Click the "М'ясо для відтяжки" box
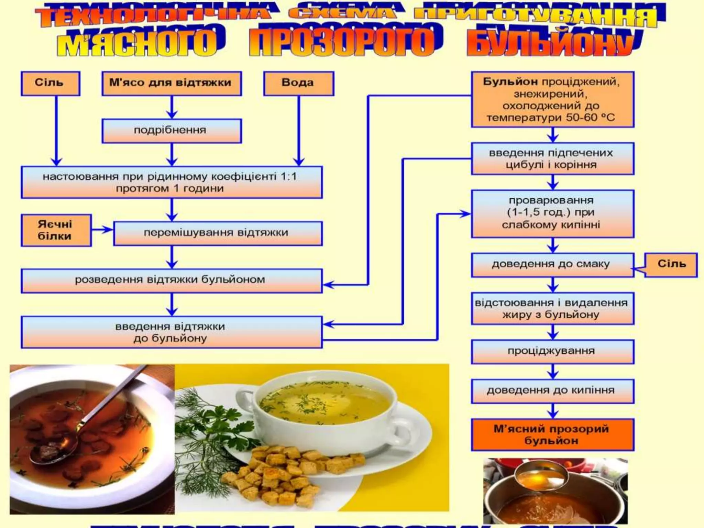point(171,83)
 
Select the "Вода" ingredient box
point(298,83)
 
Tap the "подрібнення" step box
point(171,131)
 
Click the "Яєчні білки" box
point(56,230)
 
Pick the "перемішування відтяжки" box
point(217,233)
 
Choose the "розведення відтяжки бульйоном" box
point(171,280)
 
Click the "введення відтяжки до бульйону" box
point(171,332)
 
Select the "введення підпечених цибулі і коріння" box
point(552,159)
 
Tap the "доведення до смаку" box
point(552,265)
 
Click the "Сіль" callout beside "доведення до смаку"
point(671,264)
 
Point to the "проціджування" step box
point(552,351)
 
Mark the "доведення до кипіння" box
point(552,391)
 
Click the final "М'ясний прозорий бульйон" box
point(552,435)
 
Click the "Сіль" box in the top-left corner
point(50,83)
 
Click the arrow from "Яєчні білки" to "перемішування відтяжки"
point(102,230)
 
